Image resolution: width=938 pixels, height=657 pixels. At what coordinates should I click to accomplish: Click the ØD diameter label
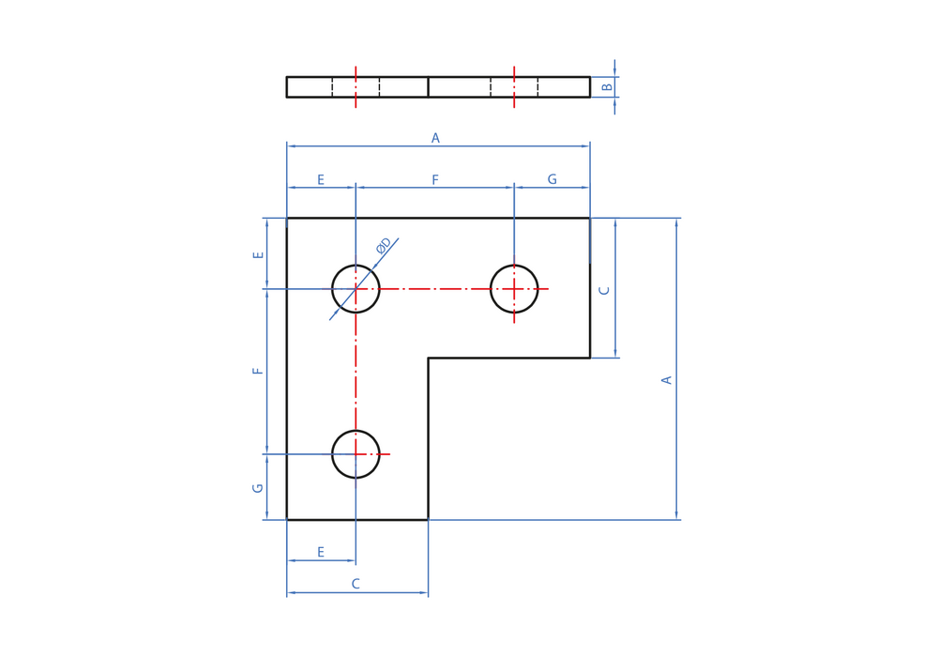(x=384, y=245)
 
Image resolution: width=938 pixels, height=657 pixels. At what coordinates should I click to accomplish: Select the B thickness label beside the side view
(x=607, y=87)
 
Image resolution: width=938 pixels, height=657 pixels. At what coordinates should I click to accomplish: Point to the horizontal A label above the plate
(x=435, y=138)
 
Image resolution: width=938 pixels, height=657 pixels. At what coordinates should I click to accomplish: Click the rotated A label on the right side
(x=666, y=380)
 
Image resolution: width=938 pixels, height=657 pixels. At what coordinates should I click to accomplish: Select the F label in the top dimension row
(x=435, y=179)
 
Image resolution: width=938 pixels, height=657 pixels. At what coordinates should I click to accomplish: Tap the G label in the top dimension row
(x=552, y=179)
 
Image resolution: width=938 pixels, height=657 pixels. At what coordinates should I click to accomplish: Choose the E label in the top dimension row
(x=321, y=179)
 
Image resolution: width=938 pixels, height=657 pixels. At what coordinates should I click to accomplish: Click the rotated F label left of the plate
(x=258, y=371)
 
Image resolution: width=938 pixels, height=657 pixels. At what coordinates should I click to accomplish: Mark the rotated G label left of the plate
(x=258, y=488)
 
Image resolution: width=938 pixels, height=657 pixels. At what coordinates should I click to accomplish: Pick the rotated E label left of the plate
(x=258, y=255)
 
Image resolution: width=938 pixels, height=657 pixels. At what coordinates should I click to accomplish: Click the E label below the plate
(x=321, y=552)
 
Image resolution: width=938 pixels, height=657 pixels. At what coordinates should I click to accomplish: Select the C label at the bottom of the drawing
(x=356, y=584)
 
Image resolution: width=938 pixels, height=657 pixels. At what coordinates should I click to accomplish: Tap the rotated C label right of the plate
(x=604, y=290)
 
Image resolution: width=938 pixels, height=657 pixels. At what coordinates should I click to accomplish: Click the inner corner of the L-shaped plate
(x=429, y=358)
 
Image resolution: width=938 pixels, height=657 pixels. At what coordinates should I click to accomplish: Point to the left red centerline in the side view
(x=356, y=86)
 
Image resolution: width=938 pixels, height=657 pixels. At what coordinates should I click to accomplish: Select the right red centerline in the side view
(x=514, y=86)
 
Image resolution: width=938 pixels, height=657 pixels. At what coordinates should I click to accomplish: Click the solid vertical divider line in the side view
(x=429, y=86)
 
